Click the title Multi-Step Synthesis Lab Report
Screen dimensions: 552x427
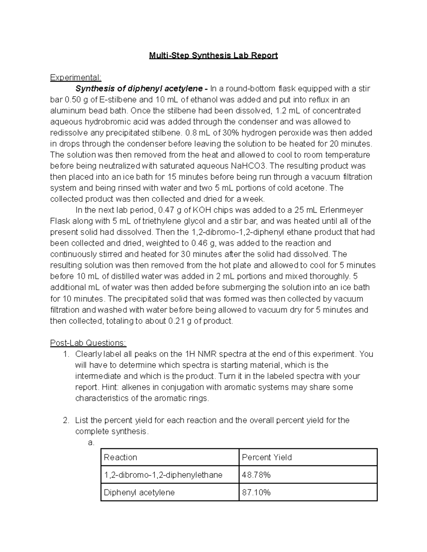click(213, 55)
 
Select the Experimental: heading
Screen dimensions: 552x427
click(75, 77)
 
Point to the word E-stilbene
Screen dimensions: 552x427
click(104, 100)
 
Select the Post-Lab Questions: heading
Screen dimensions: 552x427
click(88, 343)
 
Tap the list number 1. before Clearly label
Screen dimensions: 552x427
click(65, 354)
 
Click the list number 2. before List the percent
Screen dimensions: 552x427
click(65, 420)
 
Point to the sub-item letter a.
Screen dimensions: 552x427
click(91, 443)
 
